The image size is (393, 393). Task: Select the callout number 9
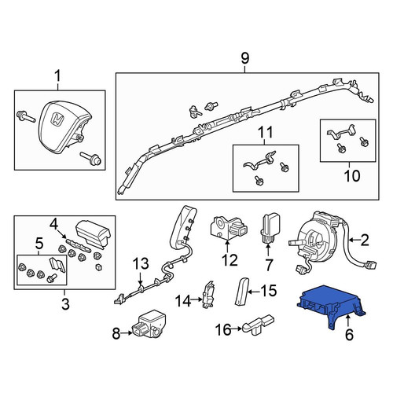tap(244, 59)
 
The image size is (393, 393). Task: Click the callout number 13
tap(141, 264)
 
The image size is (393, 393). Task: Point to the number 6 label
tap(349, 335)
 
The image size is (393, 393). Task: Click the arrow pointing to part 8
tap(127, 333)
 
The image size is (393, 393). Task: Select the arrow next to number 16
tap(237, 329)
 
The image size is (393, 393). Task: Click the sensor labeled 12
tap(229, 227)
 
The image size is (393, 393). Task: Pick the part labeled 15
tap(241, 292)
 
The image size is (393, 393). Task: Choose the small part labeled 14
tap(208, 294)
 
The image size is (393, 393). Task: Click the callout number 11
tap(266, 133)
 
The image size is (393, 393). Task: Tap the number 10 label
tap(352, 176)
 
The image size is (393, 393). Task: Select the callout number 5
tap(39, 244)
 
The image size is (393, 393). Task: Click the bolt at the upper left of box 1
tap(26, 117)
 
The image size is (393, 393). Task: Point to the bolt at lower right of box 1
tap(90, 158)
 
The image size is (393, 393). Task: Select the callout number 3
tap(65, 304)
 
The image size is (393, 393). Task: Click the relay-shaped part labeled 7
tap(269, 227)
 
